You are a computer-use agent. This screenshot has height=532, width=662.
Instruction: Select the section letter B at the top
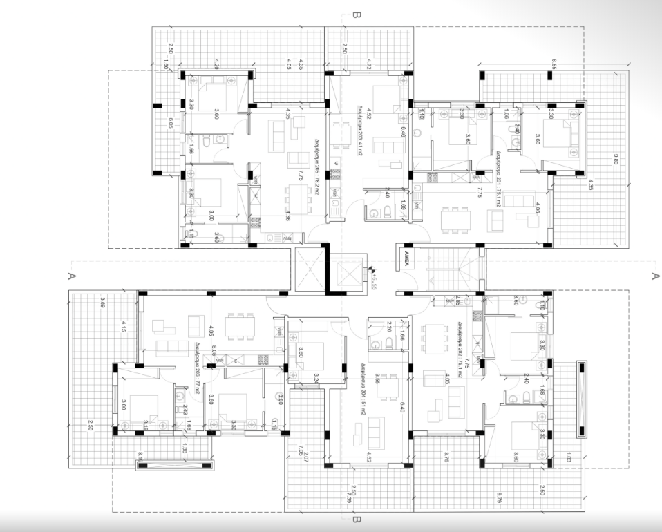coord(356,14)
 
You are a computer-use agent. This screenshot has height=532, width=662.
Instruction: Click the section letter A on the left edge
coord(70,275)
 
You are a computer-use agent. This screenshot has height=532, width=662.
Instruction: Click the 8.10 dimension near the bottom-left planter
coord(141,457)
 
